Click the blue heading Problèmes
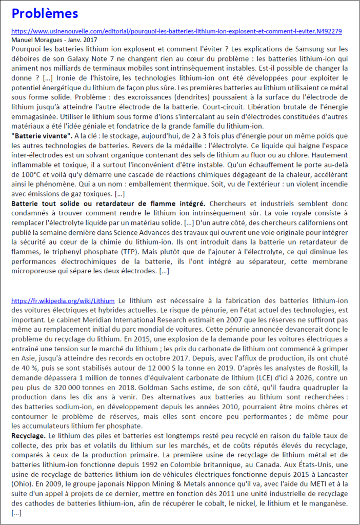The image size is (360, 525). [x=45, y=13]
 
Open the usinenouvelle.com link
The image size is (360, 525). [x=176, y=31]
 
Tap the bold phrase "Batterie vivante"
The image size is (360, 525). [x=42, y=135]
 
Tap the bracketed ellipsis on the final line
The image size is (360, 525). [x=16, y=512]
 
